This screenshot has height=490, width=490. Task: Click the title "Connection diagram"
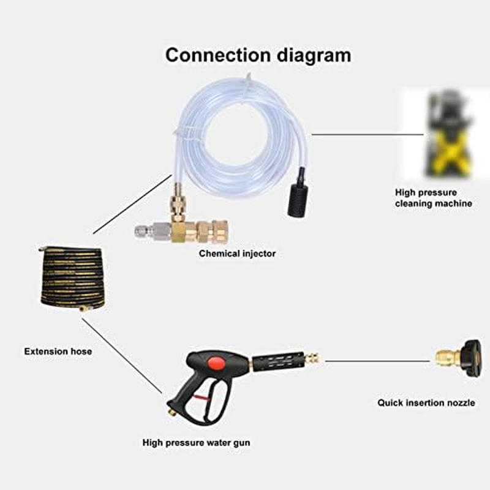coord(258,55)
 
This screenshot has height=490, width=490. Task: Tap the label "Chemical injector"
coord(237,253)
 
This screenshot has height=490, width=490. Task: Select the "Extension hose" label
coord(58,352)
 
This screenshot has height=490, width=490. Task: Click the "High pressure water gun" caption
coord(196,442)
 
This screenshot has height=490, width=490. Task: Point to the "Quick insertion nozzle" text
coord(426,402)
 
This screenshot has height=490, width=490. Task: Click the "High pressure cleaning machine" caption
coord(434,198)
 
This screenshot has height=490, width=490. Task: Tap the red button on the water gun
coord(216,360)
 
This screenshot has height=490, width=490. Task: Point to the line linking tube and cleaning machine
coord(367,134)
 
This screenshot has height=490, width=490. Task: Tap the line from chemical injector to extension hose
coord(132,205)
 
